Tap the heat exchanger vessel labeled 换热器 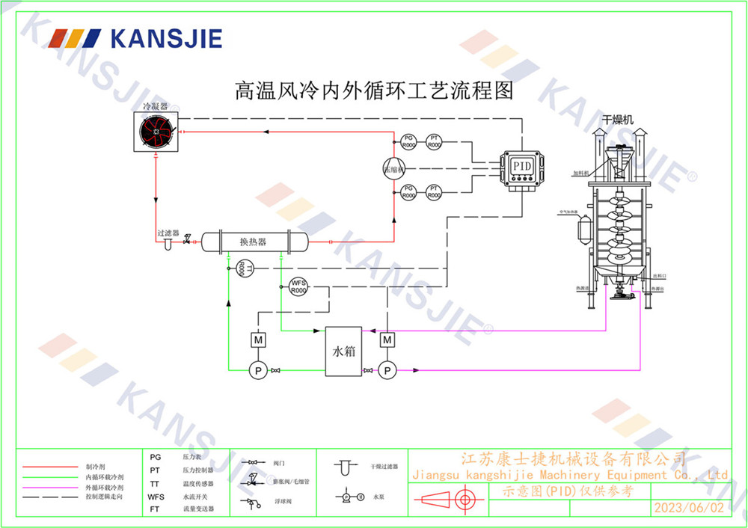(254, 241)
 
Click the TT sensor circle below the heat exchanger (242, 268)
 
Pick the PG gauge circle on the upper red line (408, 141)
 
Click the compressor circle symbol (391, 169)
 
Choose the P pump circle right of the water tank (387, 369)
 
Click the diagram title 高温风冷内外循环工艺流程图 (374, 91)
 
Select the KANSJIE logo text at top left (165, 37)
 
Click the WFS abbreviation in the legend (156, 496)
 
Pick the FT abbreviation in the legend (155, 509)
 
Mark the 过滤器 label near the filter (168, 233)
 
